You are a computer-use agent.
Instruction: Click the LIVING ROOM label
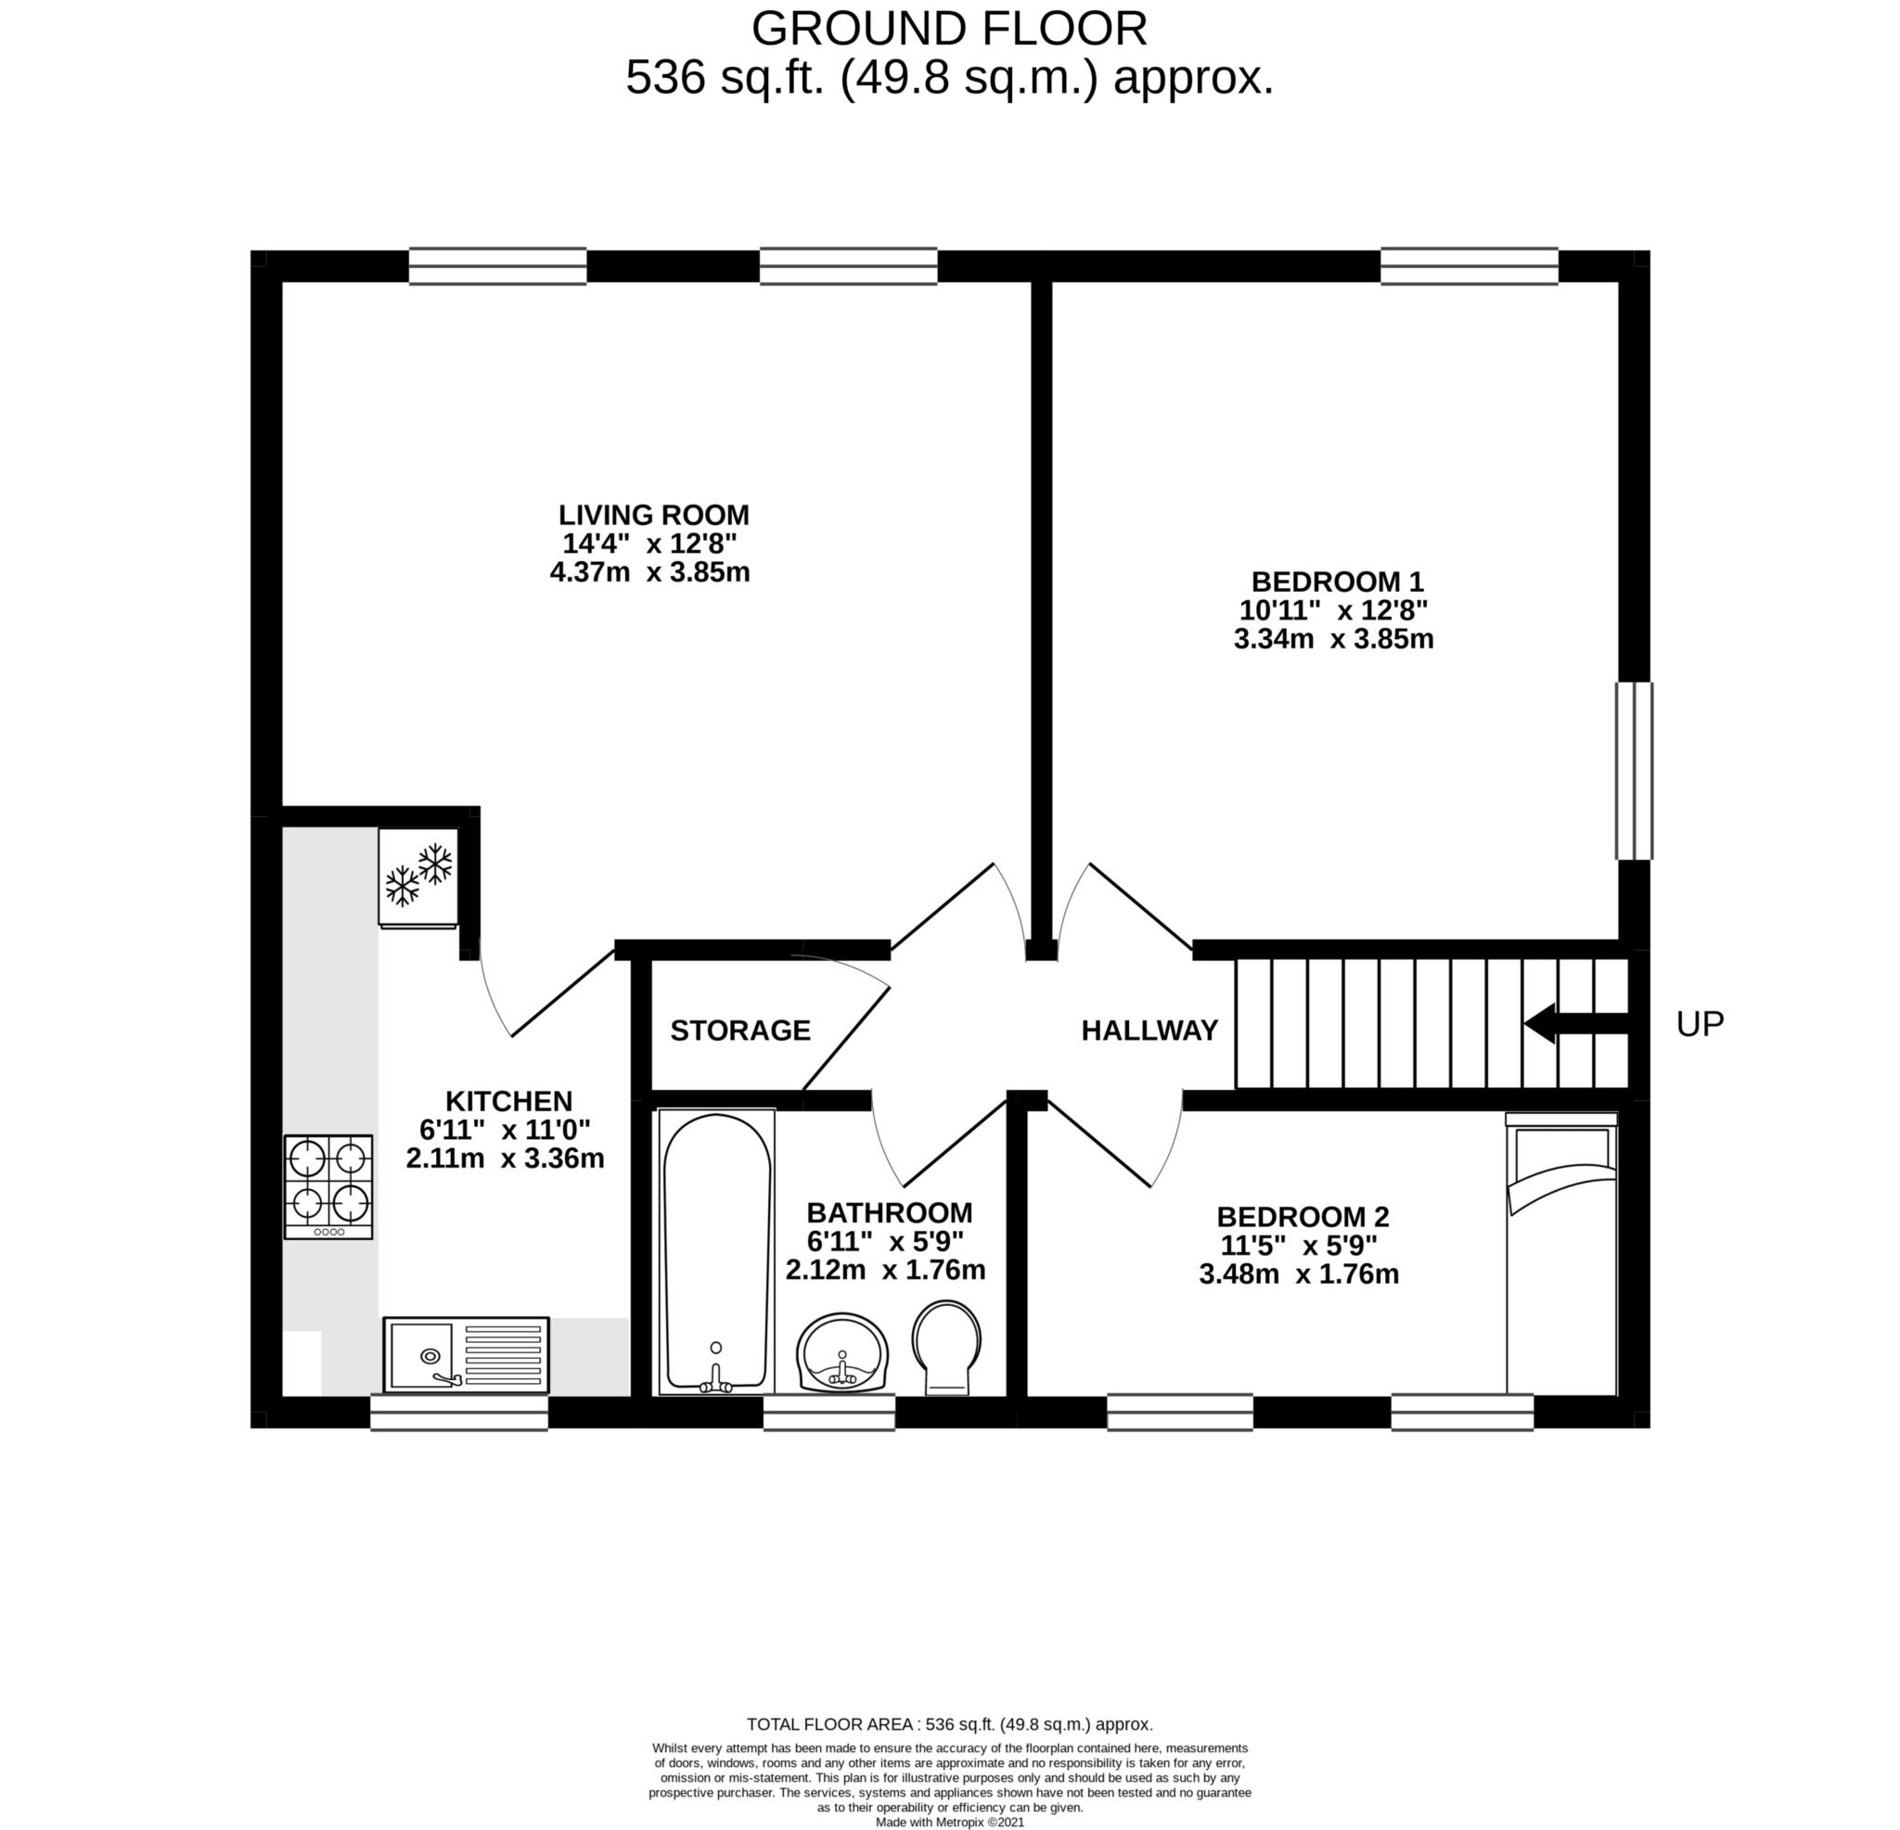click(653, 515)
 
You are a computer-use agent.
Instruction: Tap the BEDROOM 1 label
click(1337, 582)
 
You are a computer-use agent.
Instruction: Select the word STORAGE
click(739, 1030)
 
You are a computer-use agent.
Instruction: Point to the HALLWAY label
click(1149, 1030)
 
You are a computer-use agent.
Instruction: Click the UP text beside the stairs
click(1700, 1025)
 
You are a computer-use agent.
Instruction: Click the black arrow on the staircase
click(1576, 1024)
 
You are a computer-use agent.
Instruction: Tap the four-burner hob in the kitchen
click(327, 1186)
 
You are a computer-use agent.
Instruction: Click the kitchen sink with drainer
click(467, 1355)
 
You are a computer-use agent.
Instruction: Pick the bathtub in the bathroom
click(716, 1252)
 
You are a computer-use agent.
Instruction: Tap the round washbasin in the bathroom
click(841, 1351)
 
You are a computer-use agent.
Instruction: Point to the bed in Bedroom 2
click(1560, 1253)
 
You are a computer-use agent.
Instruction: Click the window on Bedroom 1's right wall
click(1634, 771)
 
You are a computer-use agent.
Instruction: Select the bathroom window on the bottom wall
click(828, 1413)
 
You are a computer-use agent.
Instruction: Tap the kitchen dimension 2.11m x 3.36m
click(505, 1158)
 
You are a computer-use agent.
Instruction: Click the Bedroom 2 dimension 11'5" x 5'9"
click(1299, 1245)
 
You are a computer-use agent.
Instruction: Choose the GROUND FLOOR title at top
click(949, 29)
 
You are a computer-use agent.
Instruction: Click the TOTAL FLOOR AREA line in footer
click(949, 1724)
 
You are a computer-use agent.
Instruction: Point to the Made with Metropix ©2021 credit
click(949, 1822)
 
